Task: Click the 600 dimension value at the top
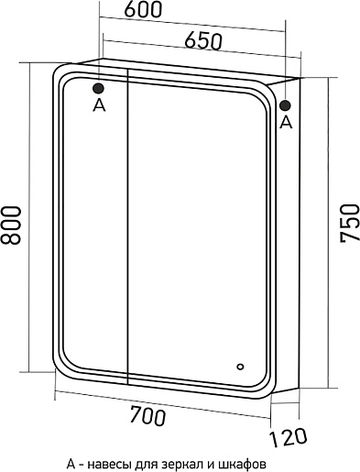142,10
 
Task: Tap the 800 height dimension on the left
11,225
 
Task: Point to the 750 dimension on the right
349,223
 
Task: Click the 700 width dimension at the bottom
147,415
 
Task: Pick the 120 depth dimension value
288,437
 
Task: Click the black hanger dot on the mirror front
98,89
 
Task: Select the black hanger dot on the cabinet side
285,105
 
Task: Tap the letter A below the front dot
99,105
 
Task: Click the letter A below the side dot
286,123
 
